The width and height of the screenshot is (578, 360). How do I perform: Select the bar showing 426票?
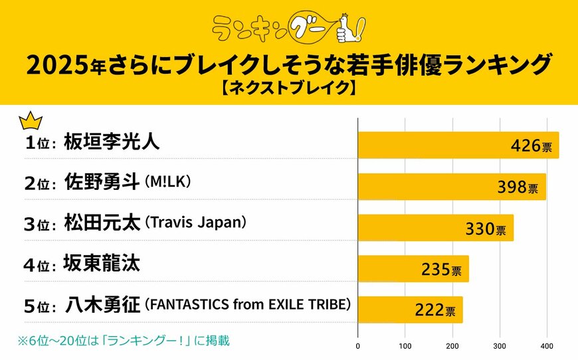(458, 145)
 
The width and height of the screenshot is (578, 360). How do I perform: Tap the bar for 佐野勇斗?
(452, 187)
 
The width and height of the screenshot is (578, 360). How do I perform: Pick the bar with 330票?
(436, 228)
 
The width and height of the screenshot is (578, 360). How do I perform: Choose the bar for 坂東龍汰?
(413, 268)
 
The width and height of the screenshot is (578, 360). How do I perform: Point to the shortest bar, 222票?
(410, 310)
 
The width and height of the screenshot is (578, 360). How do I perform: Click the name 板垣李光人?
(112, 143)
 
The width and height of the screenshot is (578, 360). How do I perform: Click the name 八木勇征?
(103, 305)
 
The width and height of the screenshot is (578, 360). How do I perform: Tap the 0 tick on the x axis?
(358, 346)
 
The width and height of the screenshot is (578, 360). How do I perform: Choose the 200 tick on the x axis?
(452, 346)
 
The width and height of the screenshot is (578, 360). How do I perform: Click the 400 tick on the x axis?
(547, 346)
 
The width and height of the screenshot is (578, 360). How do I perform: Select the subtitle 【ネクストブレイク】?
(289, 88)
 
